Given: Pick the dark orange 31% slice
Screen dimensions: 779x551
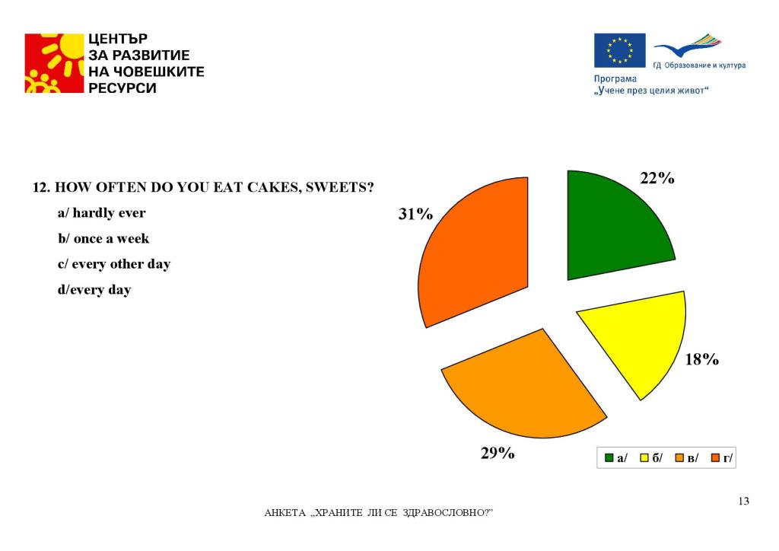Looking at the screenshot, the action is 477,248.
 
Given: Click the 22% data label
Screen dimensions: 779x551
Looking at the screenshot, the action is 657,178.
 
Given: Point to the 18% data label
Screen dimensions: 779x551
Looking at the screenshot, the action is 701,359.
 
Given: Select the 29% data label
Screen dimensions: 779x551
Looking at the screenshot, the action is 498,453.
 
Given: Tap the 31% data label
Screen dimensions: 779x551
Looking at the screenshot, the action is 415,214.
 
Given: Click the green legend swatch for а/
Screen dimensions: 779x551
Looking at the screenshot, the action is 609,457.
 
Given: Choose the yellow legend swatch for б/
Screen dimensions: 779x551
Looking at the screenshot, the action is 644,457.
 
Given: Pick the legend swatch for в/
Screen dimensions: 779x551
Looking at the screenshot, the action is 679,457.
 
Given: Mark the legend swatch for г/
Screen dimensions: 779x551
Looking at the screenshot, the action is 715,457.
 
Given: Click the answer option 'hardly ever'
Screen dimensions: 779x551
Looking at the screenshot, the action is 109,213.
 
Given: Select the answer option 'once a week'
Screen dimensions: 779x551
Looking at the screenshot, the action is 111,238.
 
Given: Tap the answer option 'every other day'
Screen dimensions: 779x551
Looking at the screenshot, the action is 121,264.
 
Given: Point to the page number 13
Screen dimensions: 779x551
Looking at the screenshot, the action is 743,501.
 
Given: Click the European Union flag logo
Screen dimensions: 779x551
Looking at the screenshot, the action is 619,50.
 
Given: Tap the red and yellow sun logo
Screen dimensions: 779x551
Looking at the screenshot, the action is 54,63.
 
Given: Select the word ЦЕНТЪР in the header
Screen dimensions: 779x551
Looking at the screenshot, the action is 118,39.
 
